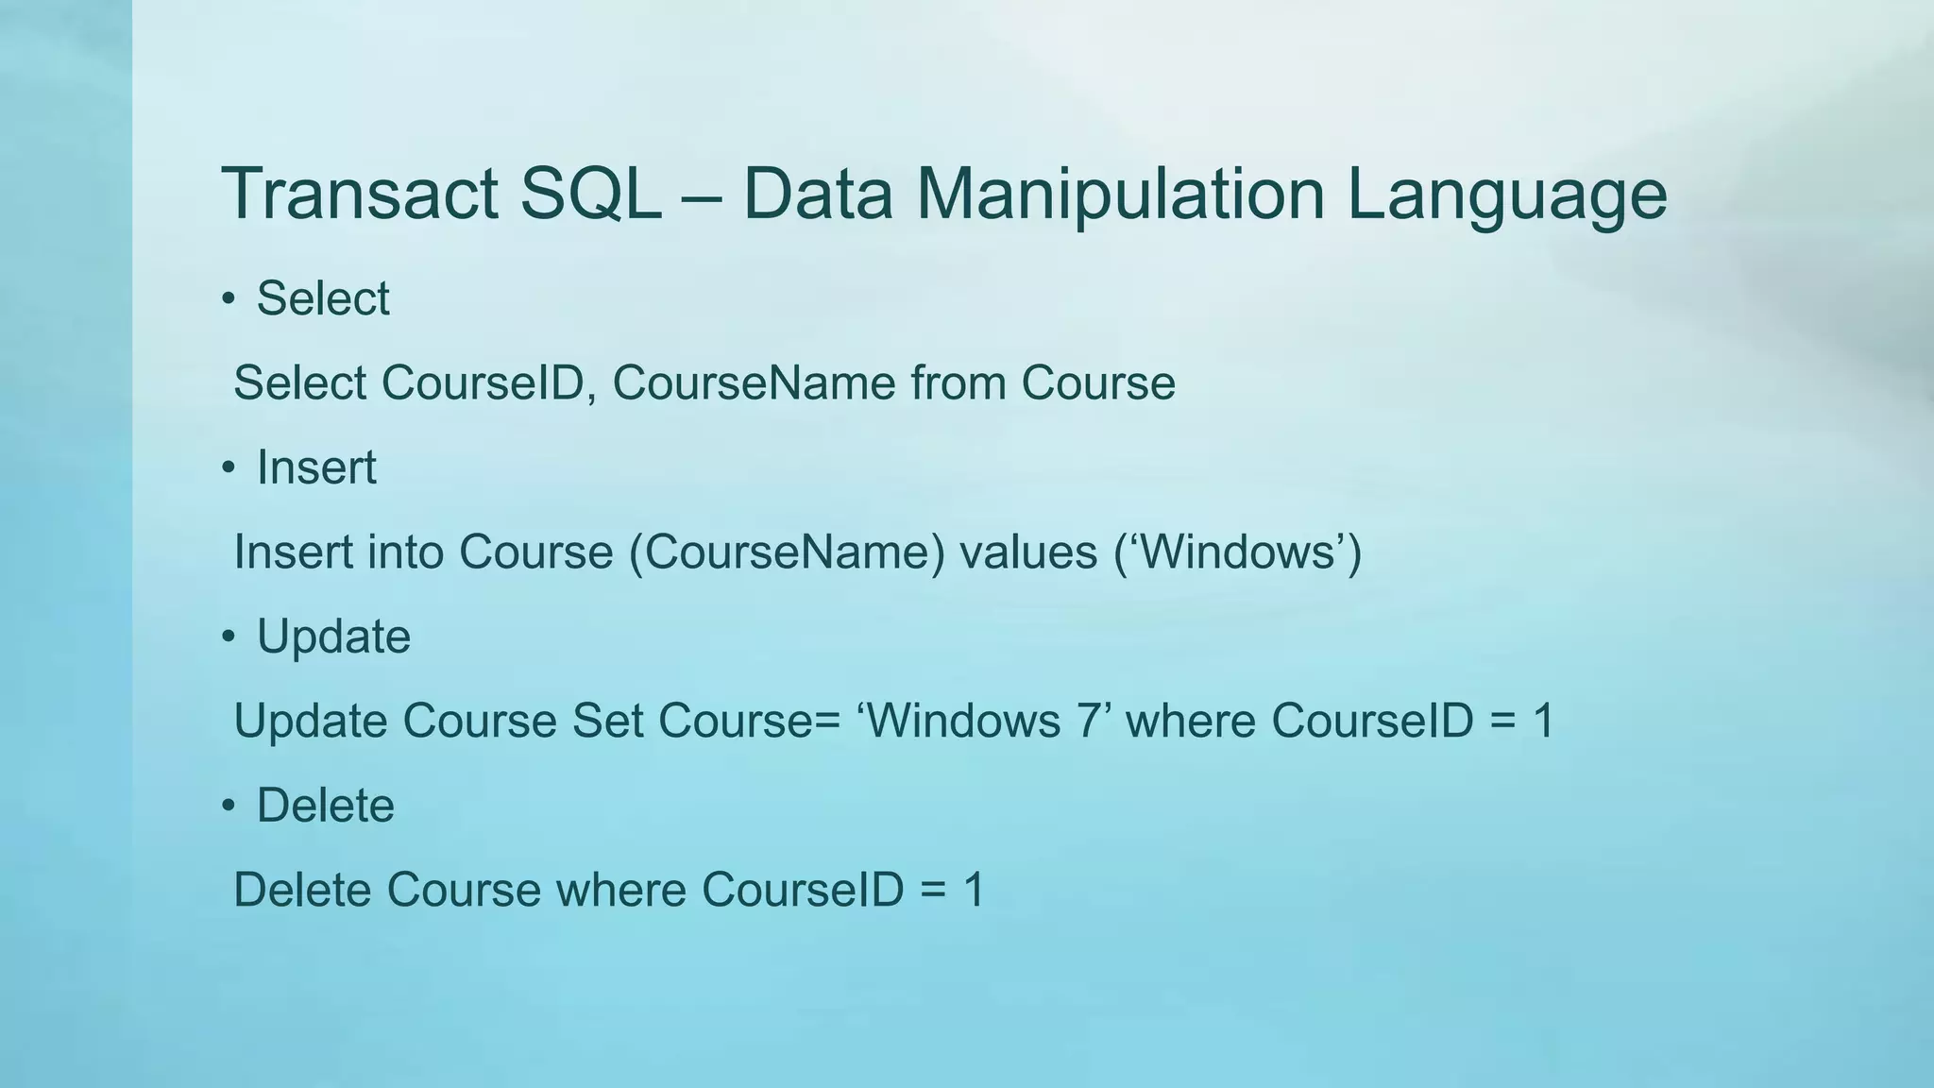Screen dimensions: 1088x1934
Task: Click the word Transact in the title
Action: pyautogui.click(x=359, y=195)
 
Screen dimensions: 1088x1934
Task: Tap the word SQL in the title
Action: pyautogui.click(x=590, y=195)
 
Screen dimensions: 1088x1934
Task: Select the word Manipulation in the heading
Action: pyautogui.click(x=1121, y=195)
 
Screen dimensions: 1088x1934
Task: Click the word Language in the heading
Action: pyautogui.click(x=1506, y=195)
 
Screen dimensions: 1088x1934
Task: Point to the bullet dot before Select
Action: pyautogui.click(x=228, y=299)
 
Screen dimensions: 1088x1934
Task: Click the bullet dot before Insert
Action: pyautogui.click(x=228, y=468)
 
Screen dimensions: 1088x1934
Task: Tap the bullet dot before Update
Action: pyautogui.click(x=228, y=637)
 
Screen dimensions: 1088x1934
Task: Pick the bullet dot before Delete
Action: pyautogui.click(x=228, y=807)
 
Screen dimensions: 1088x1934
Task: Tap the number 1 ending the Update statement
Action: pyautogui.click(x=1543, y=722)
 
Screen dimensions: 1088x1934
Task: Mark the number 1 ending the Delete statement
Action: pyautogui.click(x=974, y=891)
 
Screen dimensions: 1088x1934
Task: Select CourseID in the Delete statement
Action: pyautogui.click(x=803, y=891)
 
